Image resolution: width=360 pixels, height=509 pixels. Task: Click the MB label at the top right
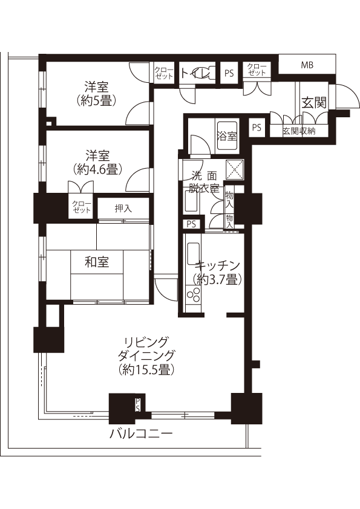[307, 65]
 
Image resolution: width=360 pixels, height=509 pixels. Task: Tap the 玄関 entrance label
[313, 103]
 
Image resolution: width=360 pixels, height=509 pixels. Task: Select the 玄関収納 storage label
[299, 131]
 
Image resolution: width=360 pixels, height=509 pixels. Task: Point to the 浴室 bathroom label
[227, 137]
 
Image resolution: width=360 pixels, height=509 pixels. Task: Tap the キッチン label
[217, 266]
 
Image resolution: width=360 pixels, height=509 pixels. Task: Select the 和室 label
[97, 262]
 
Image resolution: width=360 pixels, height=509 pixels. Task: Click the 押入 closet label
[123, 209]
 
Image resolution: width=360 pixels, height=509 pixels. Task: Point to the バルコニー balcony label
[140, 433]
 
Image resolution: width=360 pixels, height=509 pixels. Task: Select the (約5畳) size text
[97, 102]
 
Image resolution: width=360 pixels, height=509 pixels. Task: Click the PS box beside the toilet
[229, 73]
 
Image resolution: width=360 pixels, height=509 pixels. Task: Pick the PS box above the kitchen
[191, 224]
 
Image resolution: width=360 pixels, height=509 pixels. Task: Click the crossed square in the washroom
[235, 169]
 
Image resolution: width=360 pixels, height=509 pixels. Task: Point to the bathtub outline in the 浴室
[227, 136]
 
